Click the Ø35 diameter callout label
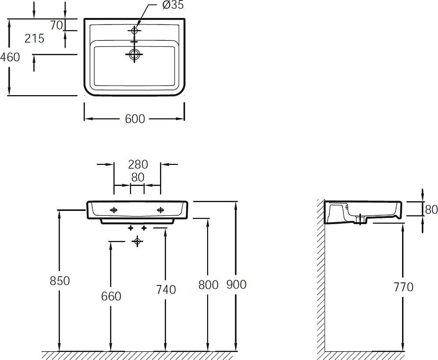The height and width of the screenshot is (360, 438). click(173, 5)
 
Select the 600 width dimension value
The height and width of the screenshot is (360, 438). click(135, 119)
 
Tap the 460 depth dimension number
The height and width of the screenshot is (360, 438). click(10, 57)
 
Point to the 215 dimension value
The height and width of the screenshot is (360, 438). click(34, 38)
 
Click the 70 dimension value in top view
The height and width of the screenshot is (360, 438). click(57, 25)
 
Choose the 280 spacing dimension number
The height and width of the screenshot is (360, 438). click(138, 164)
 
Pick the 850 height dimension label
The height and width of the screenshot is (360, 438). click(60, 281)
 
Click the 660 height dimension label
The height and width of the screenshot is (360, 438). click(111, 296)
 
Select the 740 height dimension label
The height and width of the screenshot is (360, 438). click(166, 290)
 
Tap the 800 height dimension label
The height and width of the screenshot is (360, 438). click(208, 285)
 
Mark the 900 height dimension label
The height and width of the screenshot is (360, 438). click(237, 285)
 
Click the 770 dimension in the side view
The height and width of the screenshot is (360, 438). click(403, 287)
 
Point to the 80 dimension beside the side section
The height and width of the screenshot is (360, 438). click(431, 210)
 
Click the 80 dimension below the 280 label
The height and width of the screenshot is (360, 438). click(138, 177)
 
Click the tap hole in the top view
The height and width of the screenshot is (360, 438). click(134, 31)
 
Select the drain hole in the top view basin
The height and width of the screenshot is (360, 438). click(134, 54)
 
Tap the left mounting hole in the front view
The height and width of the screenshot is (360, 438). click(114, 210)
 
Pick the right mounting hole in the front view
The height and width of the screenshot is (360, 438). click(160, 210)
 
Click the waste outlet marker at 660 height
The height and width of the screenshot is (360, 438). click(137, 241)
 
